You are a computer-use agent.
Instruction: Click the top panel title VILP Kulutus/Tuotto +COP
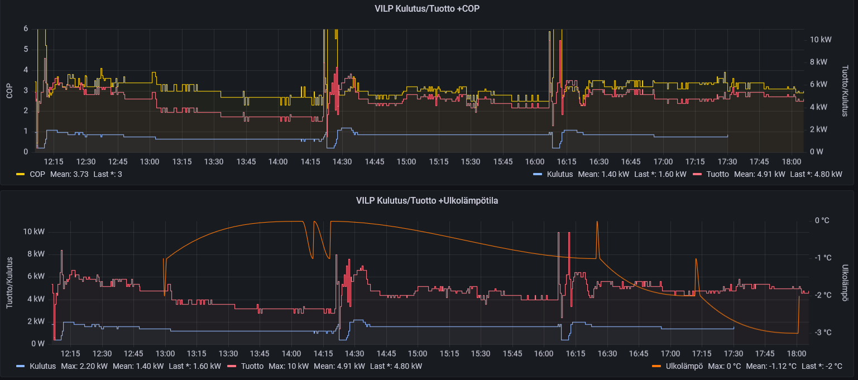(427, 9)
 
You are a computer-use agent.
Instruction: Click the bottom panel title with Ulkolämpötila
(427, 201)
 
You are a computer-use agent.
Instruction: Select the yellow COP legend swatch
(20, 174)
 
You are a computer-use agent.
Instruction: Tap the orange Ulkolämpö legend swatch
(656, 366)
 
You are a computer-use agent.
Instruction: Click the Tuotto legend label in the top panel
(717, 174)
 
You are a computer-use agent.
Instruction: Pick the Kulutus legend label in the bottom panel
(42, 366)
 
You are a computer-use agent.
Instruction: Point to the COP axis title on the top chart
(9, 91)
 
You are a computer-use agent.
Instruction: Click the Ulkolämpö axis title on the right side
(845, 283)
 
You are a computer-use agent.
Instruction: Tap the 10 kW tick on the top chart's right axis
(821, 40)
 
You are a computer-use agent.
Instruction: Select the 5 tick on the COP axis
(26, 50)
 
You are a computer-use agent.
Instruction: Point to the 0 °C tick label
(822, 220)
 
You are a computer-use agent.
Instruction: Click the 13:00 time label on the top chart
(150, 162)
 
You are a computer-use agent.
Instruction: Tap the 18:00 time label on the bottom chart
(797, 354)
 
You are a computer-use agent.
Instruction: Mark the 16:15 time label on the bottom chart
(576, 354)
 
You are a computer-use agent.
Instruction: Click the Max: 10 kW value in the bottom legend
(289, 366)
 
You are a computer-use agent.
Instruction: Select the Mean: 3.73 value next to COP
(69, 174)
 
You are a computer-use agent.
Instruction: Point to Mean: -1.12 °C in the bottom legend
(771, 366)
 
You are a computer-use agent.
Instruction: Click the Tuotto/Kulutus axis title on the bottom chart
(9, 283)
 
